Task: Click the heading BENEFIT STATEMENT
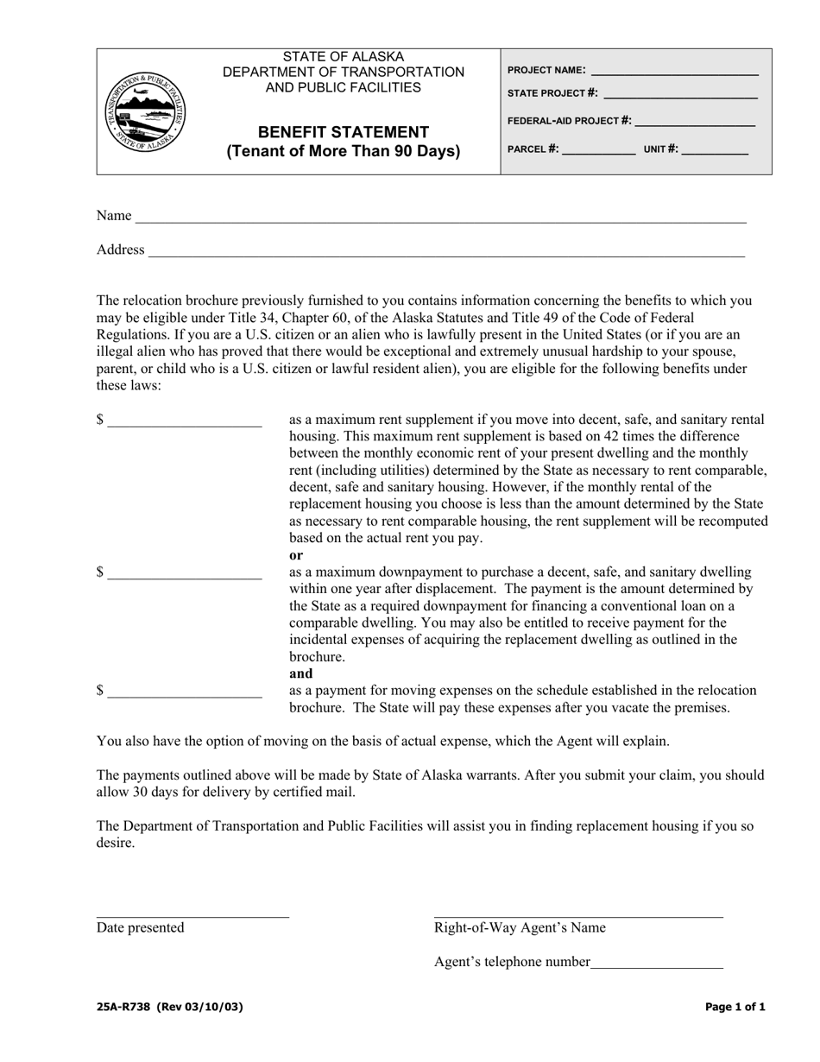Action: (x=344, y=132)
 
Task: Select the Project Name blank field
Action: (x=673, y=72)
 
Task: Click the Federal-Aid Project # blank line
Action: (x=695, y=122)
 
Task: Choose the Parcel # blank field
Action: (x=598, y=150)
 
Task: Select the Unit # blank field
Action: (x=715, y=150)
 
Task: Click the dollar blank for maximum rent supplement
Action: (x=185, y=421)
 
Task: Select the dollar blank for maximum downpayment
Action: (x=185, y=574)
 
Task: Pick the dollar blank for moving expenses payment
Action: (x=185, y=692)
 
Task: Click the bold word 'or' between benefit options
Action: (x=296, y=555)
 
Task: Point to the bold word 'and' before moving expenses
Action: (x=300, y=673)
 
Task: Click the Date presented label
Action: (x=140, y=927)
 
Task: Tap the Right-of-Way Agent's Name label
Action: (x=520, y=927)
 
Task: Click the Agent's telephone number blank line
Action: (x=657, y=964)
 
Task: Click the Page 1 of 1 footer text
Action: (x=735, y=1006)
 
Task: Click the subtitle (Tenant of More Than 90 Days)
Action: (x=344, y=152)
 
